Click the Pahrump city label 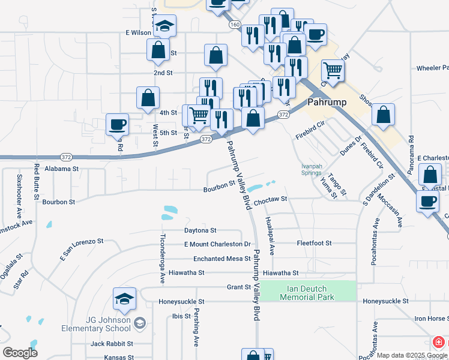[327, 102]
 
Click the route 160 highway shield [234, 25]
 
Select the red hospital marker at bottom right [439, 342]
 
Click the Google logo [20, 353]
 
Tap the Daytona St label [200, 230]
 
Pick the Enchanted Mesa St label [221, 259]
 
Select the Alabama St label [61, 169]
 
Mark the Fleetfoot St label [314, 243]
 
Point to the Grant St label [239, 287]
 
